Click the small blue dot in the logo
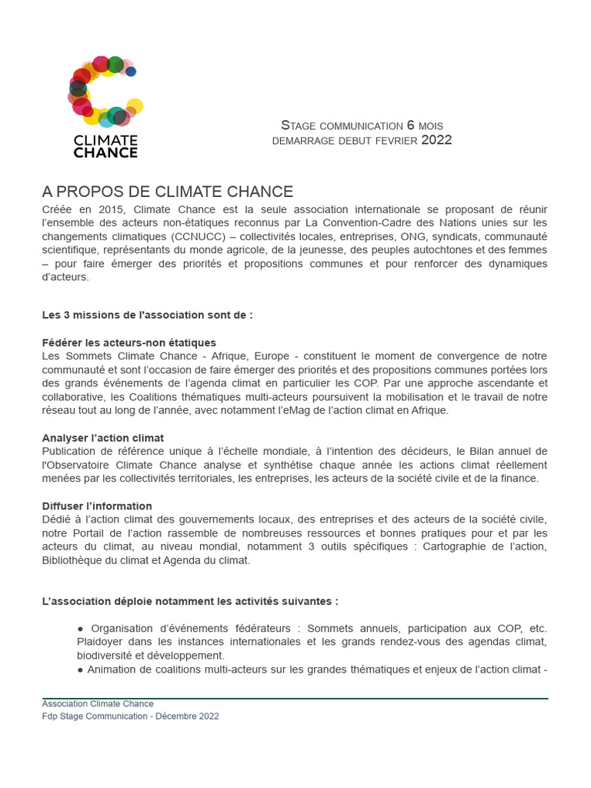[x=131, y=72]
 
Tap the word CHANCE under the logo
[x=105, y=152]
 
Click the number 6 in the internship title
[x=410, y=125]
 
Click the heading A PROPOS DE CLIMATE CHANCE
[x=168, y=192]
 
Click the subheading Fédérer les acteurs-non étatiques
[x=129, y=342]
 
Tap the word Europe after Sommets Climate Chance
[x=276, y=356]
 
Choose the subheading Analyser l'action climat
[x=103, y=438]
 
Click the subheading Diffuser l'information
[x=97, y=506]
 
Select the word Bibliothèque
[x=74, y=560]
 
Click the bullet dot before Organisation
[x=81, y=629]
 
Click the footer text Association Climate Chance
[x=98, y=703]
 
